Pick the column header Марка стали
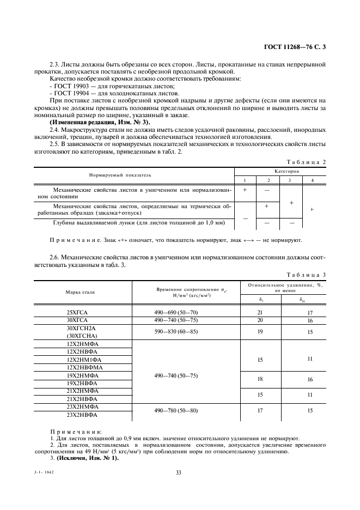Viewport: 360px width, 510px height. tap(81, 292)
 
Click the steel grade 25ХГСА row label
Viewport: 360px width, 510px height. tap(81, 312)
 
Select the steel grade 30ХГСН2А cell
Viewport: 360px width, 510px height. tap(81, 329)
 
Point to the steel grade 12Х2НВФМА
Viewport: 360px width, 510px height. tap(81, 368)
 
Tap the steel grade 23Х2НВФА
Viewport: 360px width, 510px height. tap(81, 415)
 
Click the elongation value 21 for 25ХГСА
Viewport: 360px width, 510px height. tap(260, 312)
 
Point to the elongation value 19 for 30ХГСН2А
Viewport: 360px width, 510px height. tap(260, 331)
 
